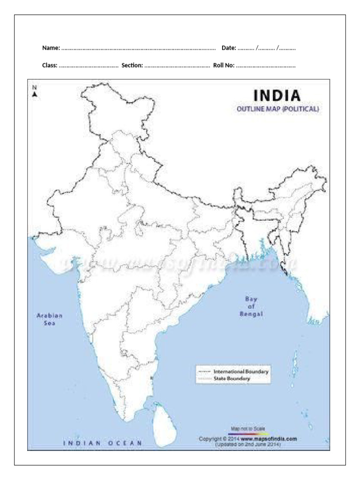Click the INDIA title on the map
click(277, 95)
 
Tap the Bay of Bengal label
click(251, 306)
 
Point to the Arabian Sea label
click(50, 319)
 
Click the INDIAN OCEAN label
click(103, 442)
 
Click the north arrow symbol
click(34, 93)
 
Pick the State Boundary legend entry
click(231, 378)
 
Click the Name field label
click(51, 48)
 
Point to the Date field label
click(228, 48)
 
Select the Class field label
click(50, 66)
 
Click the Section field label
click(132, 66)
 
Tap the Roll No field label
click(224, 66)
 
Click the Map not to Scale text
click(247, 428)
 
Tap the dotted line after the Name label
click(138, 48)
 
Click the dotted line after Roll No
click(266, 66)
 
